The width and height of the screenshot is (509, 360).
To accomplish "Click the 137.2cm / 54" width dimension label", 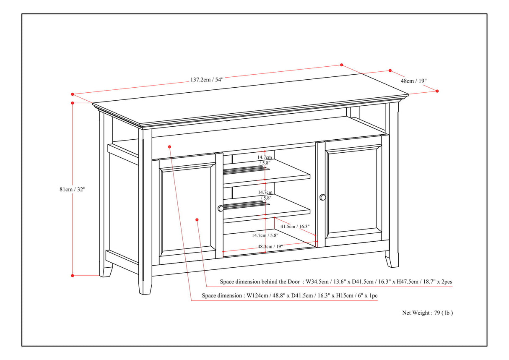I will click(207, 79).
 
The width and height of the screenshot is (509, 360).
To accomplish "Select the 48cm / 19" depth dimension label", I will click(414, 81).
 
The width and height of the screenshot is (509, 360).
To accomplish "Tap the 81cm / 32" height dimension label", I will click(72, 189).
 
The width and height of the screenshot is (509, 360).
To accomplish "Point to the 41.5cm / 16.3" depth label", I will click(295, 227).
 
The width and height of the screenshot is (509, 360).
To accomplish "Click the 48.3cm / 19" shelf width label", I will click(270, 247).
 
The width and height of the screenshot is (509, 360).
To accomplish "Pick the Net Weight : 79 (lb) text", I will click(427, 313).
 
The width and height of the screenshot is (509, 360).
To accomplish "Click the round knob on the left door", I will click(221, 208).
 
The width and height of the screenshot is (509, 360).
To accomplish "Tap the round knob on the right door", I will click(322, 197).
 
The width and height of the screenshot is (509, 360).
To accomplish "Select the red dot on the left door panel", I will click(197, 219).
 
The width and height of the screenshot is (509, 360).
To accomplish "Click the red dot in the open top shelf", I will click(170, 146).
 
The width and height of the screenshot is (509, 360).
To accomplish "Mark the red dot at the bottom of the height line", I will click(73, 276).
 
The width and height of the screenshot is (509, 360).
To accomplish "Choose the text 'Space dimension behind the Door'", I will click(260, 282).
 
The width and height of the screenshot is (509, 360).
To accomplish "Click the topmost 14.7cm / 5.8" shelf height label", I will click(265, 159).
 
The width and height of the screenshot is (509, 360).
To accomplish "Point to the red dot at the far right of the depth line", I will click(437, 91).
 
